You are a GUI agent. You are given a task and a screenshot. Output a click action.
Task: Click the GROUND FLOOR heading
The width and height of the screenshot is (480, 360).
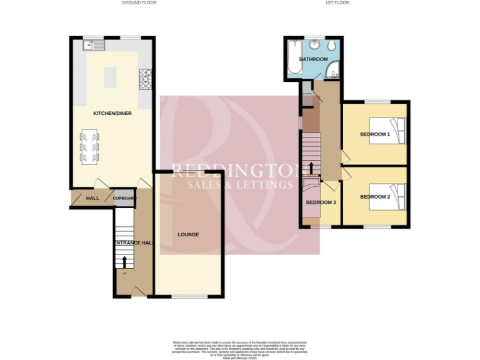139,3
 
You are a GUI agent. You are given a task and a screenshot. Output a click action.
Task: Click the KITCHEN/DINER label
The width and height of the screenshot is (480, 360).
112,113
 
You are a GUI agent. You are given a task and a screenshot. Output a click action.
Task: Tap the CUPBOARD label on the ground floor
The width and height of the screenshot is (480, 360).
124,198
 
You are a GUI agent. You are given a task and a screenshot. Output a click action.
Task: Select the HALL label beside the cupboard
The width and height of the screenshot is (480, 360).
92,198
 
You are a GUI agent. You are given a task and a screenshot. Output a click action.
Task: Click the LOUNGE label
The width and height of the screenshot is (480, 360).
188,234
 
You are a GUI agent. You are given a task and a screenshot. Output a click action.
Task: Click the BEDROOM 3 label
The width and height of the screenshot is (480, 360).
321,202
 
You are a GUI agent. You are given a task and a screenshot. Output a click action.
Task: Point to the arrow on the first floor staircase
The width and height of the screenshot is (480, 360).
311,167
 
